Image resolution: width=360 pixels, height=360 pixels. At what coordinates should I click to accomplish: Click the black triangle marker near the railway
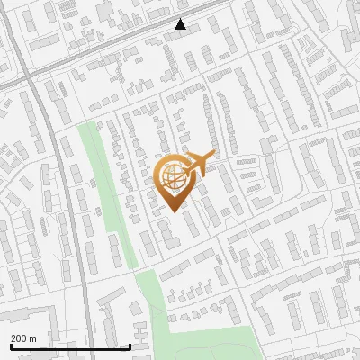pyautogui.click(x=181, y=24)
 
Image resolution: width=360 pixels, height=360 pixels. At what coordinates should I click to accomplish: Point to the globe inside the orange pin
pyautogui.click(x=172, y=176)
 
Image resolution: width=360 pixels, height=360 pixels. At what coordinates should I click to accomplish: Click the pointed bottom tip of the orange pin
pyautogui.click(x=174, y=212)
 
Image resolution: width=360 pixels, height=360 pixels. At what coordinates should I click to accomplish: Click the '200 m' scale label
pyautogui.click(x=24, y=337)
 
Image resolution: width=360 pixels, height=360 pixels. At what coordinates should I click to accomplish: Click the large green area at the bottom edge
pyautogui.click(x=207, y=346)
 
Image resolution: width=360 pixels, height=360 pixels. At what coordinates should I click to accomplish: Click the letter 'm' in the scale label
pyautogui.click(x=33, y=337)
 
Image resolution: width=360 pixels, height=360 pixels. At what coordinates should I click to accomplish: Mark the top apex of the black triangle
pyautogui.click(x=181, y=19)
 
